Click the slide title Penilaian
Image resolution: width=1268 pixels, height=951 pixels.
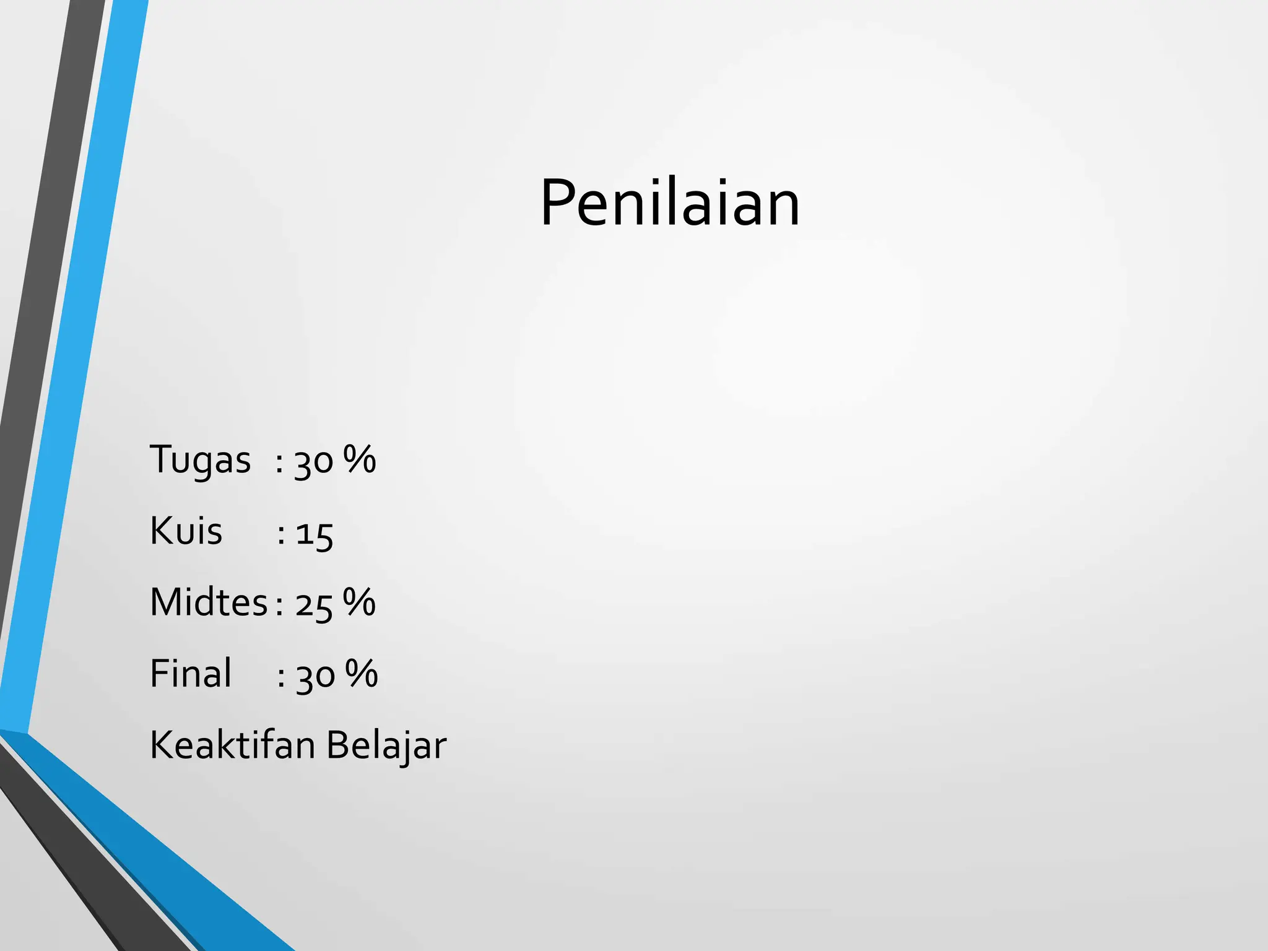pos(670,203)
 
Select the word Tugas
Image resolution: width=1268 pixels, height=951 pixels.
pos(200,461)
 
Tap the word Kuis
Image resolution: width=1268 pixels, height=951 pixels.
pos(186,531)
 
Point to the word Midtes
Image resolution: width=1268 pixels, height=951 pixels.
pos(209,602)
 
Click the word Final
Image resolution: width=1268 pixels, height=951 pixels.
pos(191,674)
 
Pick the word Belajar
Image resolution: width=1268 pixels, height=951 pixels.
pos(386,746)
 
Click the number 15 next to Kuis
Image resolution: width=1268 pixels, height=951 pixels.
pos(315,534)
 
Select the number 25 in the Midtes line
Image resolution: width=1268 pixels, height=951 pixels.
pos(314,605)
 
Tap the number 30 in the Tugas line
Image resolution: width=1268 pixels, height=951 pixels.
pos(314,462)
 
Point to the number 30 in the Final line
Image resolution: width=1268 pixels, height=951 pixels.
pos(316,676)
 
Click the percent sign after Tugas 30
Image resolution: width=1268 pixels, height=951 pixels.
pos(360,459)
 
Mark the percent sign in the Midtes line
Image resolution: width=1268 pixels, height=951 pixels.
pos(359,602)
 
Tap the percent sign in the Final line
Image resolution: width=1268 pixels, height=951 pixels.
pos(362,673)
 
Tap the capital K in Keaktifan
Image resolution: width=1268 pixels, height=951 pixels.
pos(162,745)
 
